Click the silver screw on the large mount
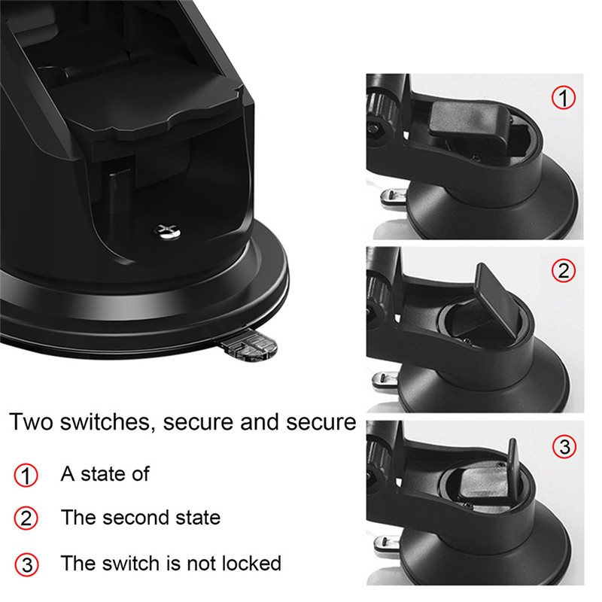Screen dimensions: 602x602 (x=168, y=232)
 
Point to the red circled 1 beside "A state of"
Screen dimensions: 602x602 (x=26, y=476)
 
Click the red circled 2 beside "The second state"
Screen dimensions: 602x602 (x=26, y=518)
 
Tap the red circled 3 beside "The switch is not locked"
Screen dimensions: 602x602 (x=26, y=564)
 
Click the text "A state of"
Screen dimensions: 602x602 (x=105, y=474)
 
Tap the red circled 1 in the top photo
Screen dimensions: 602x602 (x=564, y=98)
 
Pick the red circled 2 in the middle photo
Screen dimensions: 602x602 (x=564, y=271)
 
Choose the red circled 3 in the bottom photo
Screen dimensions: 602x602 (x=564, y=446)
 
